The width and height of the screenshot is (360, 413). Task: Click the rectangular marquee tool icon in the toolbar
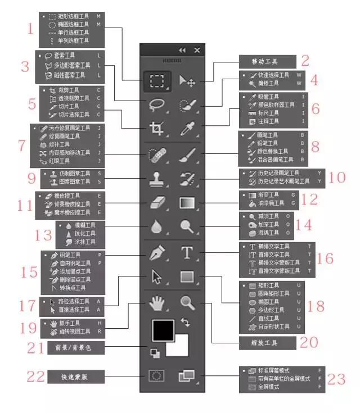156,81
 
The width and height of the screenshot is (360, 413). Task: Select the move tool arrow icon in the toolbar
187,81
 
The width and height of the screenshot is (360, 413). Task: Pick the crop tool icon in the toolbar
156,128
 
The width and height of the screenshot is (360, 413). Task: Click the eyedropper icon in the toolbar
187,128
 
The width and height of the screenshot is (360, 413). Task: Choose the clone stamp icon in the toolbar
156,179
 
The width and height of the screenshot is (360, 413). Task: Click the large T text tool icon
187,253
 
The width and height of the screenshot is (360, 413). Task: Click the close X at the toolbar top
197,50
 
